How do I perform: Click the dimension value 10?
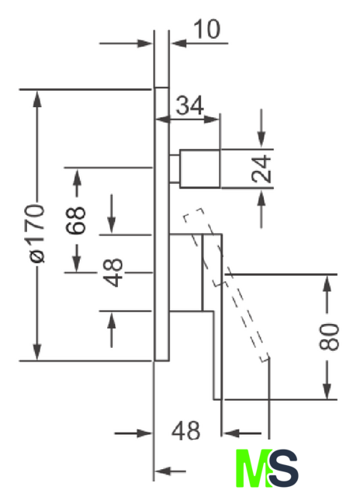tap(206, 30)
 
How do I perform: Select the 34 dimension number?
tap(189, 106)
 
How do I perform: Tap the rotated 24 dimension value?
tap(261, 169)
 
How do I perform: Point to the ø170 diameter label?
tap(36, 233)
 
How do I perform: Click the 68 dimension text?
tap(76, 221)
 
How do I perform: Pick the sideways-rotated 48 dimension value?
tap(113, 273)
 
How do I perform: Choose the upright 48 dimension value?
tap(186, 431)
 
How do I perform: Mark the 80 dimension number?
tap(329, 336)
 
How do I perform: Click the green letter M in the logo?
tap(253, 467)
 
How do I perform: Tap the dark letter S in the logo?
tap(283, 467)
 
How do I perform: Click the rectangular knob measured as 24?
tap(200, 169)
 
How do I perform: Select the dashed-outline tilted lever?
tap(226, 284)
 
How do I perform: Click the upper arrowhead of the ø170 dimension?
tap(37, 99)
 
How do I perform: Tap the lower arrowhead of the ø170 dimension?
tap(37, 351)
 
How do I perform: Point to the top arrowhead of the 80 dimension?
tap(327, 283)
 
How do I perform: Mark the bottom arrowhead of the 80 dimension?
tap(327, 390)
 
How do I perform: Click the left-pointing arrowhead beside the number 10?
tap(178, 43)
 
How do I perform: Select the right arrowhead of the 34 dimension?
tap(211, 120)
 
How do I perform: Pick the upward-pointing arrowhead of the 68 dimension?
tap(77, 178)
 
